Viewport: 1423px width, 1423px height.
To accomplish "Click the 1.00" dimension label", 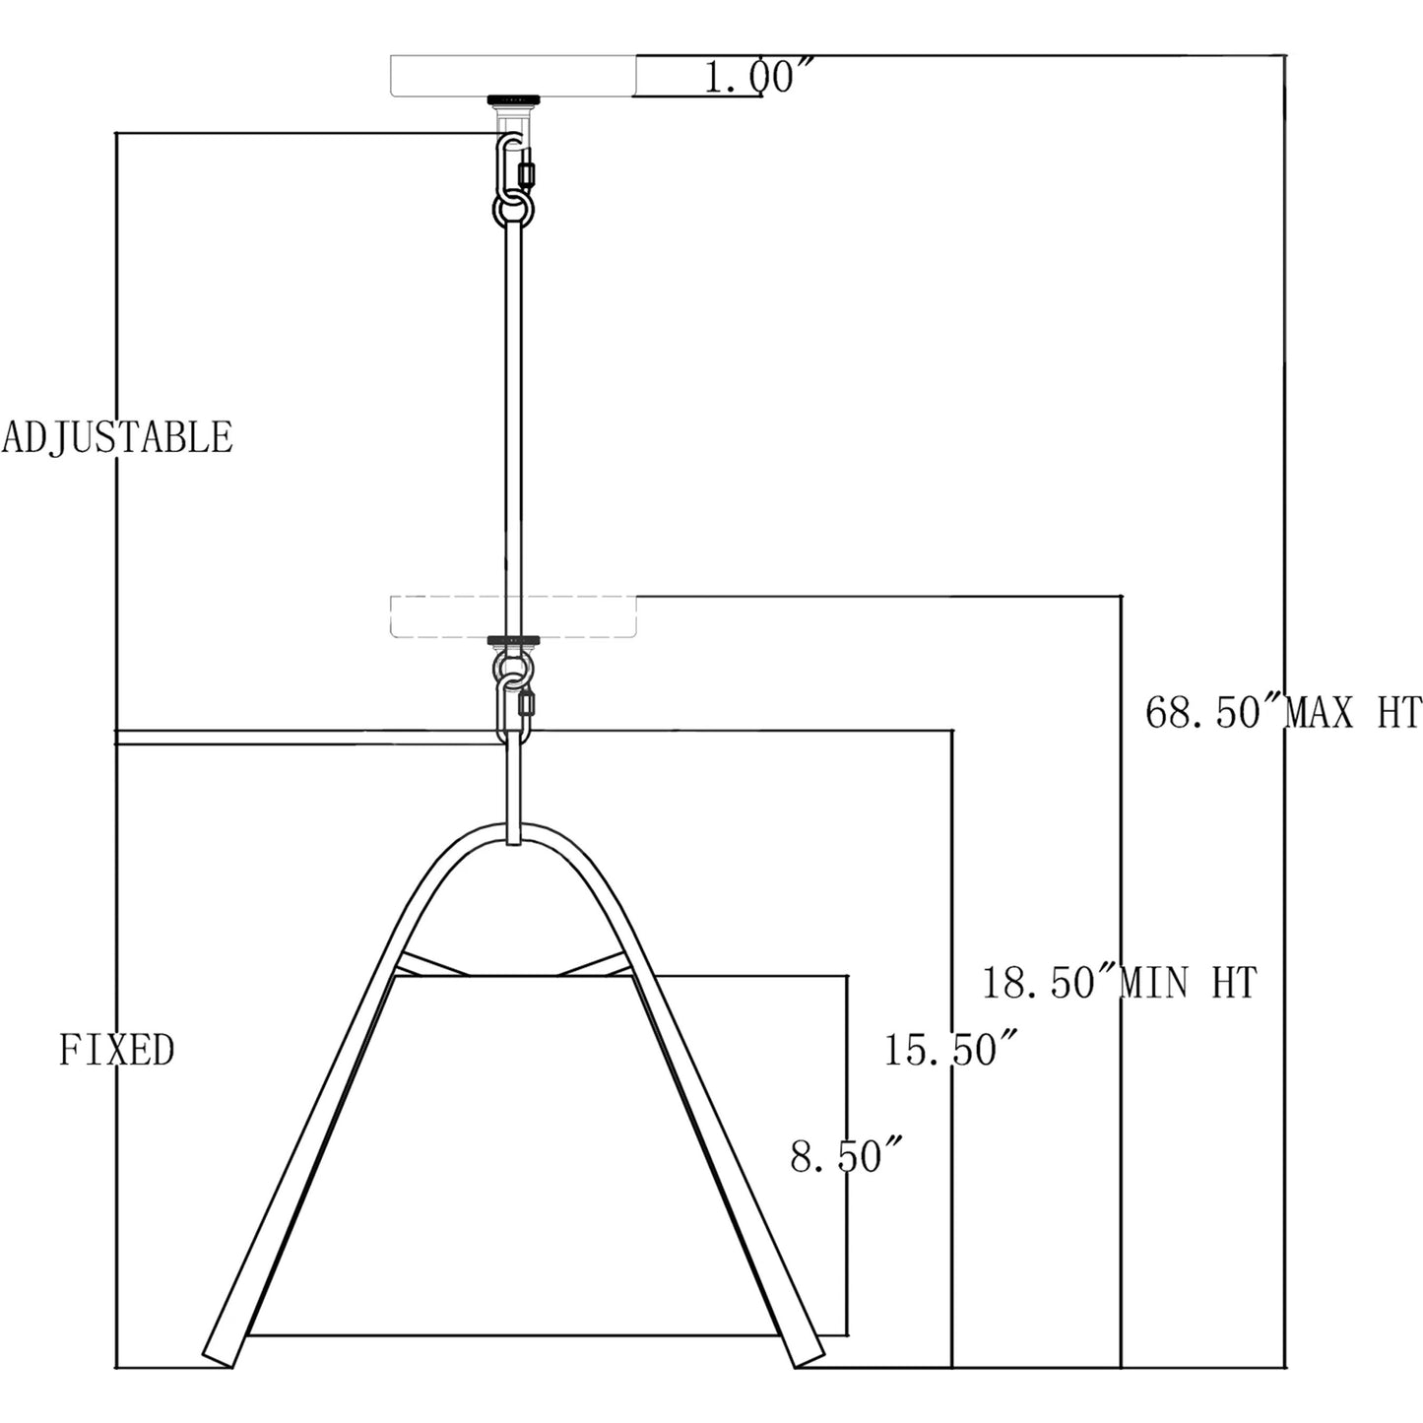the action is (757, 77).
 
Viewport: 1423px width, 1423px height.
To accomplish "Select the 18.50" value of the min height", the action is (1049, 983).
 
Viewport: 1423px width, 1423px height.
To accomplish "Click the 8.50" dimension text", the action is (846, 1156).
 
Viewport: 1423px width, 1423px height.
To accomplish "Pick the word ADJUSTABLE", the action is (116, 437).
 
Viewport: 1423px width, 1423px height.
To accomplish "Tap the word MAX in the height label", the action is (1322, 714).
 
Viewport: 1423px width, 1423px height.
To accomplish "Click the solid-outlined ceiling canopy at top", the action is (512, 75).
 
